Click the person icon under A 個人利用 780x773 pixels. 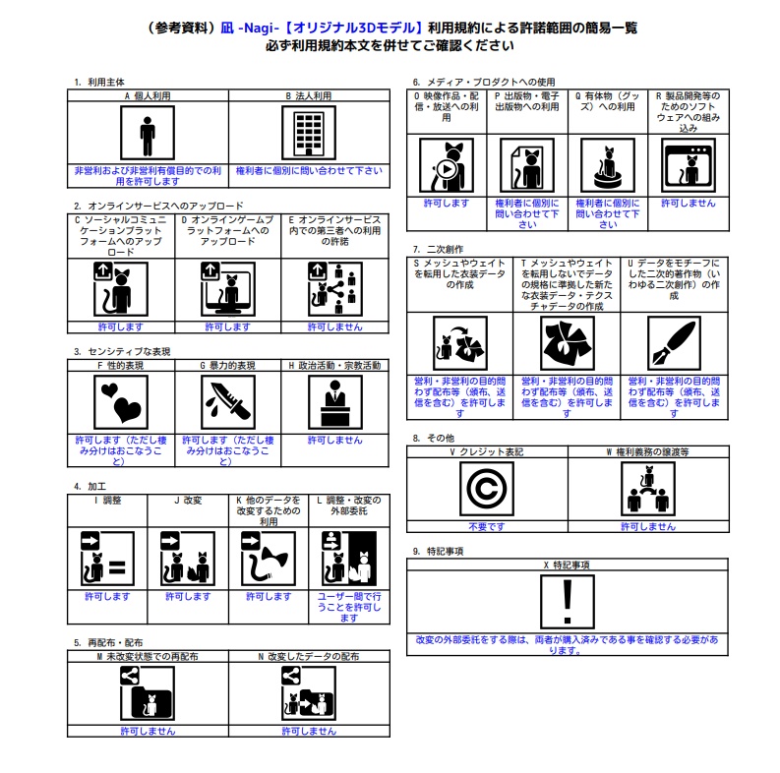[148, 133]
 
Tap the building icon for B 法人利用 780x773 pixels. [309, 133]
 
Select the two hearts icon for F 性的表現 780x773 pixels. [121, 402]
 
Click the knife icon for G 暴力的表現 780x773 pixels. [228, 402]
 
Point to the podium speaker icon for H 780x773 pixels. [335, 402]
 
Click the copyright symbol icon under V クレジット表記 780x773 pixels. [487, 489]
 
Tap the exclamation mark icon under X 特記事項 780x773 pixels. [568, 602]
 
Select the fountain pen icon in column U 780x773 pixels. [674, 343]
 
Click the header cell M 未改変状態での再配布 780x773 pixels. [148, 657]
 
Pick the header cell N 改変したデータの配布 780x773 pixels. [309, 657]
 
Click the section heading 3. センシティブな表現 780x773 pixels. [122, 352]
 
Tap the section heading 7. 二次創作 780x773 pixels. [438, 249]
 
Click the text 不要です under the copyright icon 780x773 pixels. [487, 526]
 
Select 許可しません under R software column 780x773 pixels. [689, 203]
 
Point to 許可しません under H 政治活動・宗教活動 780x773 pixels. [335, 440]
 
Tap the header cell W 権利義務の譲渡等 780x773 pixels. [647, 451]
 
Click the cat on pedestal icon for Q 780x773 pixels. [608, 165]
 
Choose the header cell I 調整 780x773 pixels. [107, 501]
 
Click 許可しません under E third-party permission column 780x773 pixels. [335, 327]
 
